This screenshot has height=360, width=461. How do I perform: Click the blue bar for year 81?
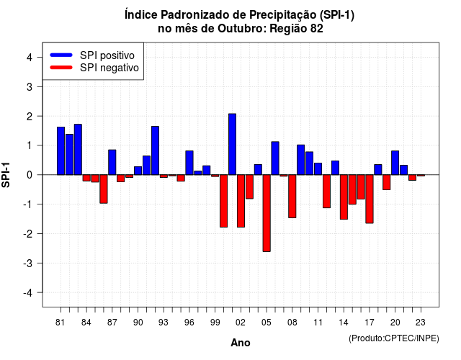coord(61,150)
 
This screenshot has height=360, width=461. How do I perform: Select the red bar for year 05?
coord(267,213)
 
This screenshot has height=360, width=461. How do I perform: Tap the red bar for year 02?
coord(241,201)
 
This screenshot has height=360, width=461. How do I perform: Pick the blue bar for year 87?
coord(112,162)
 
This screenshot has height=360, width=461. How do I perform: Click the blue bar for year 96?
coord(189,163)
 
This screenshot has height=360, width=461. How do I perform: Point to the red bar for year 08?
coord(292,197)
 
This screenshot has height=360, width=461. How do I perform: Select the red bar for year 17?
coord(370,199)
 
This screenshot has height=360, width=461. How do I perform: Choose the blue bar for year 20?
coord(395,163)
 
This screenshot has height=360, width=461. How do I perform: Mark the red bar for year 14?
coord(344,197)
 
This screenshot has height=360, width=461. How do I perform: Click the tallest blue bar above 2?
coord(232,144)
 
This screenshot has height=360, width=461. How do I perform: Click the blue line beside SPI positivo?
coord(61,55)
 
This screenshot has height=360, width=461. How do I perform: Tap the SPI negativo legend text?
coord(109,68)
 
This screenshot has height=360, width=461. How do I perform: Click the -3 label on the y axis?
coord(27,263)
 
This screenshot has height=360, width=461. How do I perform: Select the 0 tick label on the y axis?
coord(30,175)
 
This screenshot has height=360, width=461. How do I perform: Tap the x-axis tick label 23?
coord(421,323)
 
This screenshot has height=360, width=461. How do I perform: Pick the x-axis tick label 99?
coord(215,323)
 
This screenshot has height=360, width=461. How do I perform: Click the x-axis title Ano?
coord(241,343)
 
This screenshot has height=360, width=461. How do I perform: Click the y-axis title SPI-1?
coord(6,175)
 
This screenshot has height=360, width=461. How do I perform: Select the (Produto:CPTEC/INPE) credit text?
coord(394,338)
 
